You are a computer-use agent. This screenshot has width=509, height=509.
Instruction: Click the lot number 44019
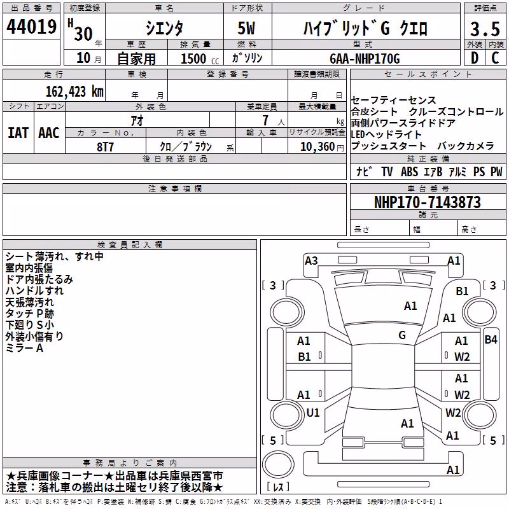coord(31,27)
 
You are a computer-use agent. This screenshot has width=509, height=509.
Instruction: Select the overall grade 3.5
coord(485,29)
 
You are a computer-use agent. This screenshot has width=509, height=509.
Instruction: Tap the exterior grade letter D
coord(475,58)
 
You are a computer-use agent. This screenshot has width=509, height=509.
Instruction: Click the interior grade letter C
coord(495,58)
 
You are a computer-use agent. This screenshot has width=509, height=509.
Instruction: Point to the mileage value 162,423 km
coord(74,92)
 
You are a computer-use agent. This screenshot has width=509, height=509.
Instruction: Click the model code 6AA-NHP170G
coord(365,59)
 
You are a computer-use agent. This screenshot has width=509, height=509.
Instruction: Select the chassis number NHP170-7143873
coord(427,202)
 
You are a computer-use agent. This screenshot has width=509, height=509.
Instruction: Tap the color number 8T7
coord(105,147)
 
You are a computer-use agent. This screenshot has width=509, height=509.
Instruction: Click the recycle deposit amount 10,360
coord(317,147)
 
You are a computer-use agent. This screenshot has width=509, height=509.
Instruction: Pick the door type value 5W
coord(246,28)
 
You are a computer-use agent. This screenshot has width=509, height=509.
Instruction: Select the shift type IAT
coord(18,133)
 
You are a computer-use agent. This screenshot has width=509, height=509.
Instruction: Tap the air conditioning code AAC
coord(49,133)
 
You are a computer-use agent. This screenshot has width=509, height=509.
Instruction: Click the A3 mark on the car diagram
coord(311,261)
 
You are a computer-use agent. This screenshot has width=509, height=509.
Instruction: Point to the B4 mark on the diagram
coord(491,340)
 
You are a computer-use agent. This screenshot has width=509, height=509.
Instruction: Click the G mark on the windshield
coord(402,335)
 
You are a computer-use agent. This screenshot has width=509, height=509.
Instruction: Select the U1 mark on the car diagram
coord(313,412)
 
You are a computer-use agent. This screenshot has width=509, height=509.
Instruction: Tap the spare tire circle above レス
coord(278,464)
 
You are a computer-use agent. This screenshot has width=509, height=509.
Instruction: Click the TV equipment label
coord(387,171)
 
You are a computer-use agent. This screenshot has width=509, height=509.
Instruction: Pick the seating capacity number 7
coord(265,120)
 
